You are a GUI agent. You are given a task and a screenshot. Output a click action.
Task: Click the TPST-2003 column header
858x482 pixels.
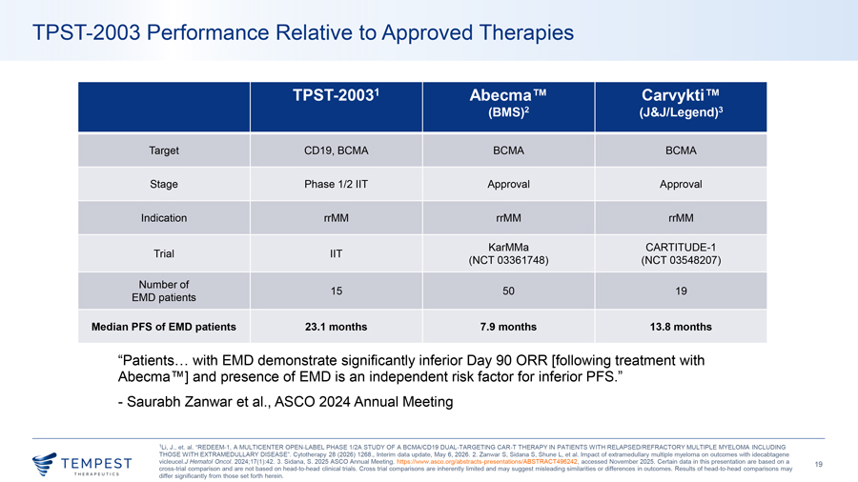point(336,95)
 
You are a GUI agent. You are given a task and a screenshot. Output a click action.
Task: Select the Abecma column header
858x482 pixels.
point(508,103)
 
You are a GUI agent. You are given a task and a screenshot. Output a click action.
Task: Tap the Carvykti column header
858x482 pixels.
point(681,103)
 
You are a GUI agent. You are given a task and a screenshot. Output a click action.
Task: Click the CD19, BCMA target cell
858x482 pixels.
point(336,151)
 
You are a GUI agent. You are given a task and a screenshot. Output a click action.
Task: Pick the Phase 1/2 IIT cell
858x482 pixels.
point(336,184)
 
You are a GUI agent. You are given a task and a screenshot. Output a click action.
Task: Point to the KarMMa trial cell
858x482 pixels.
point(508,253)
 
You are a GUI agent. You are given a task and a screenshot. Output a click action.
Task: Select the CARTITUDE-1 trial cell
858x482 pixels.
point(681,253)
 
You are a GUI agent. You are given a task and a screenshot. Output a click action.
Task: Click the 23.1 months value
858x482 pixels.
point(336,327)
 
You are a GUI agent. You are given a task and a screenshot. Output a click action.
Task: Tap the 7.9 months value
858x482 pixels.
point(508,327)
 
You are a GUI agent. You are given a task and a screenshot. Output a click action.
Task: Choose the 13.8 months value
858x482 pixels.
point(681,327)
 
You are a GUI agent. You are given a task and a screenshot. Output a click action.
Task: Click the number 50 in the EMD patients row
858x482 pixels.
point(508,291)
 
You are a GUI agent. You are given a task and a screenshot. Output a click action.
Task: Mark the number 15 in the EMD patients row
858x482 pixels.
point(336,291)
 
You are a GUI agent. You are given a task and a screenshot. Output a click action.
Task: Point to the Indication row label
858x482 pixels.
point(164,218)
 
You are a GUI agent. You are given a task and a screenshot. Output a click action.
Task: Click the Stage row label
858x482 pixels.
point(164,184)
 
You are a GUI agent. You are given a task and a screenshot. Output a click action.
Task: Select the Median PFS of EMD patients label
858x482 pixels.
point(164,327)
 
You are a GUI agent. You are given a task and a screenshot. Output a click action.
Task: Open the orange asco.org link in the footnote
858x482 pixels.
point(487,462)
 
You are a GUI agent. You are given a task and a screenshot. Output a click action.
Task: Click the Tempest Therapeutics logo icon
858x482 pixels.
point(44,463)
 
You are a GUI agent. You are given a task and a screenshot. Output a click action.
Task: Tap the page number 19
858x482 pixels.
point(819,465)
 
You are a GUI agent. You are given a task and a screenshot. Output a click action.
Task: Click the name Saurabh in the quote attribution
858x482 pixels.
point(153,402)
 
